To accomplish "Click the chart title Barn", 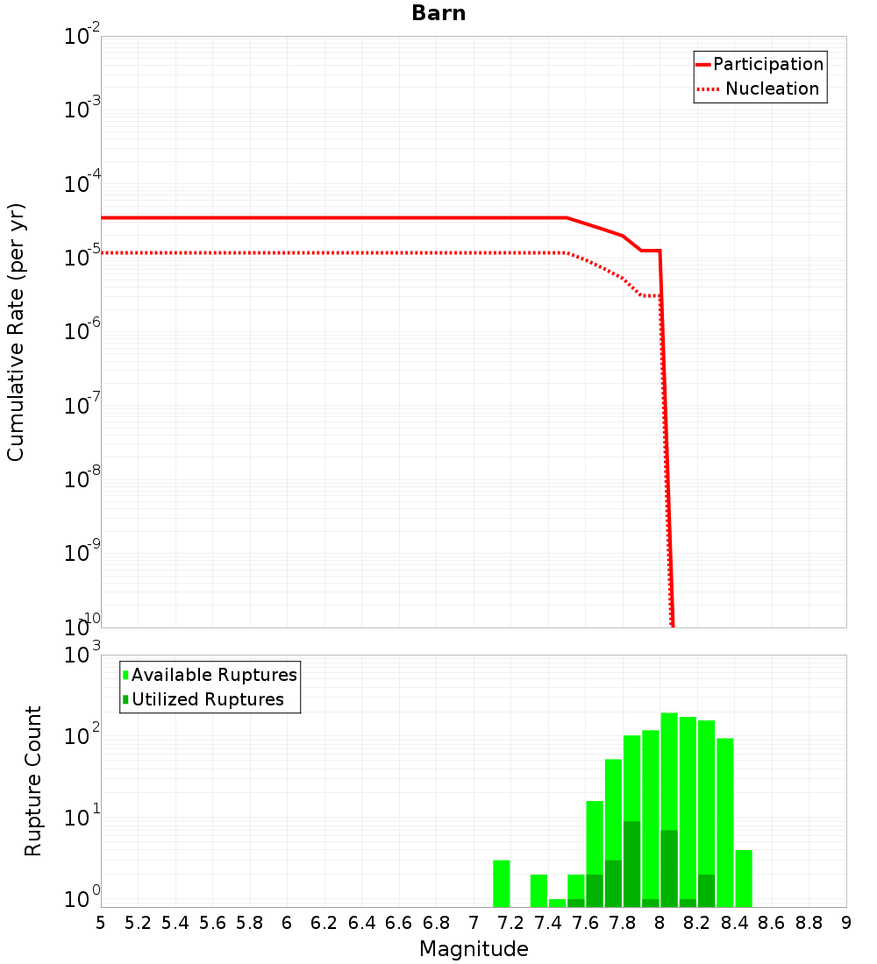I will pos(438,14).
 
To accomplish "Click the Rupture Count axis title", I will pos(33,781).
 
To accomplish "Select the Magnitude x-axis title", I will pos(474,949).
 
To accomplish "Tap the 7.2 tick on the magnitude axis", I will pos(510,923).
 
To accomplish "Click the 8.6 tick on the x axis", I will pos(772,923).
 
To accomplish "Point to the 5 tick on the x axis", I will pos(101,923).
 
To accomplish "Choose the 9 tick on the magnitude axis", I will pos(846,923).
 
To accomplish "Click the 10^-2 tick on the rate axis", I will pos(82,37).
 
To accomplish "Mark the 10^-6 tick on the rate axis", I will pos(82,332).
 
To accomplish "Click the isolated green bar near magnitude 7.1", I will pos(502,883).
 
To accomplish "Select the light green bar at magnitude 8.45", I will pos(744,878).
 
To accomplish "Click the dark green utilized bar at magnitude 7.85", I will pos(631,863).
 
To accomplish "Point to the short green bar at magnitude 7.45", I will pos(558,903).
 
